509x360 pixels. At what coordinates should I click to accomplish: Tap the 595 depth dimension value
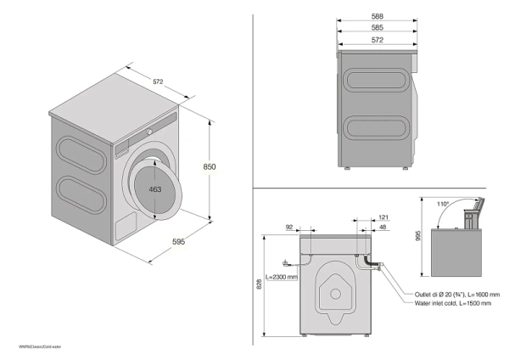[x=179, y=242]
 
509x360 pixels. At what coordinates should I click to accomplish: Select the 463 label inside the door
[x=154, y=189]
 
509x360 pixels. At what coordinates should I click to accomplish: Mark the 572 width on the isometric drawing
[x=159, y=82]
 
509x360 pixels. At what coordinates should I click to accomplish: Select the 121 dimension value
[x=383, y=217]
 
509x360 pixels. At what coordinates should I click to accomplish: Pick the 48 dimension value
[x=383, y=228]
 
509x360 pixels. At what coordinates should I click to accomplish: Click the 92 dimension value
[x=289, y=227]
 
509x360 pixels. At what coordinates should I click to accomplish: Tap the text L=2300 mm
[x=280, y=278]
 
